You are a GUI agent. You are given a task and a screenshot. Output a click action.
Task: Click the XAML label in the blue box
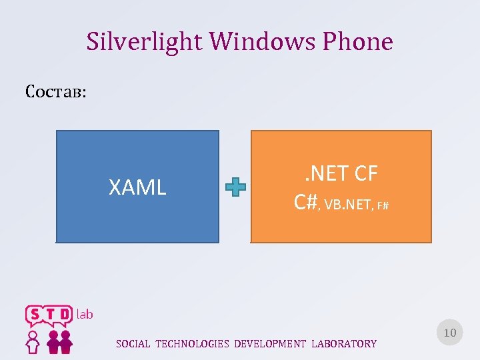coord(137,188)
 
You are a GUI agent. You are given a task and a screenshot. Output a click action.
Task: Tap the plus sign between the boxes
coord(235,188)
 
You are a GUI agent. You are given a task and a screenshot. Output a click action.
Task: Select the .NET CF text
coord(341,174)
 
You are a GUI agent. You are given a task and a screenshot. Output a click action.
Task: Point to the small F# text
coord(383,205)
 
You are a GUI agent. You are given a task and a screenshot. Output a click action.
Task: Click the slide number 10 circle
coord(449,332)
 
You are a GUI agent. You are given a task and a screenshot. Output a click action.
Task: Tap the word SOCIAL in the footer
coord(133,344)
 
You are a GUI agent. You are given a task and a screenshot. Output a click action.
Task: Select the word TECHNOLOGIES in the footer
coord(192,344)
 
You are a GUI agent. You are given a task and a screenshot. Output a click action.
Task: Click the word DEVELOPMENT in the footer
coord(270,344)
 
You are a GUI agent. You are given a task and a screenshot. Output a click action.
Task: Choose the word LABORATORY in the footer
coord(344,344)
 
